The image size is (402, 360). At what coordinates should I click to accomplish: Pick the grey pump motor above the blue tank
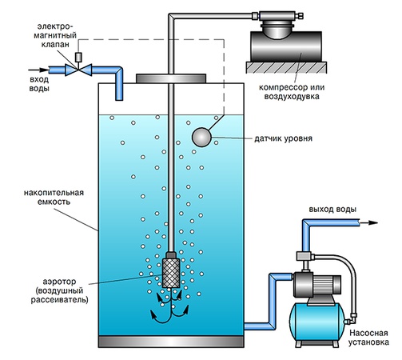tap(316, 281)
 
